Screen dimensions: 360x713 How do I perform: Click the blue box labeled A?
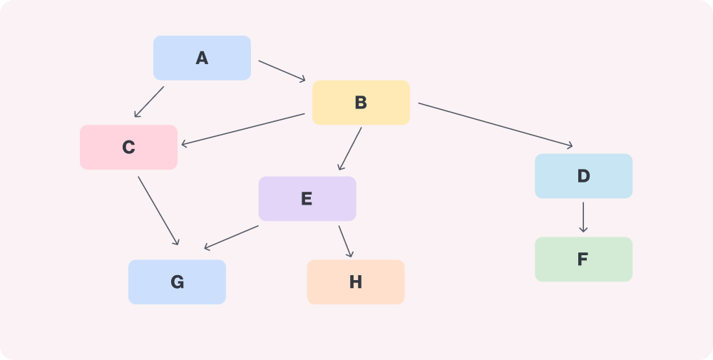pos(202,58)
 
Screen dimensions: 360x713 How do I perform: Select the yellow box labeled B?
pos(361,103)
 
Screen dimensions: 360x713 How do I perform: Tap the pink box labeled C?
pos(128,148)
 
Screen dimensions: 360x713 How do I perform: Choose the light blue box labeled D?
pos(583,176)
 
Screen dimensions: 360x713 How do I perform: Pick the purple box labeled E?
pos(307,199)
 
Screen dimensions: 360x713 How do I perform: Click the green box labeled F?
pos(583,259)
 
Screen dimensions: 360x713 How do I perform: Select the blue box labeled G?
pos(177,282)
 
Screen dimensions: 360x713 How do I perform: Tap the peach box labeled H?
pos(356,282)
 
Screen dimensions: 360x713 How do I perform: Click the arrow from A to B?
pos(282,71)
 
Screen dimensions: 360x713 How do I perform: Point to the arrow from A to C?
pos(149,102)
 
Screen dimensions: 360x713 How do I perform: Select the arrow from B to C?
pos(243,130)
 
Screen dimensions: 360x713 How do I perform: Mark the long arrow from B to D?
pos(496,125)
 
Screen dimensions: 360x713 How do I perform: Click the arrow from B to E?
pos(350,149)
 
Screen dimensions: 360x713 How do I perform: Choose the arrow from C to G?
pos(158,211)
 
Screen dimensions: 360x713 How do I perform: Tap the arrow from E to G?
pos(231,237)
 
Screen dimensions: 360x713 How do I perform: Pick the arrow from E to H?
pos(346,242)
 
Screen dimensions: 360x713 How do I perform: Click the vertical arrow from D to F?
pos(583,217)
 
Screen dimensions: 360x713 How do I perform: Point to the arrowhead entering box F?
pos(583,230)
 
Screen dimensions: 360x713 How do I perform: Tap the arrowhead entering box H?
pos(351,254)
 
